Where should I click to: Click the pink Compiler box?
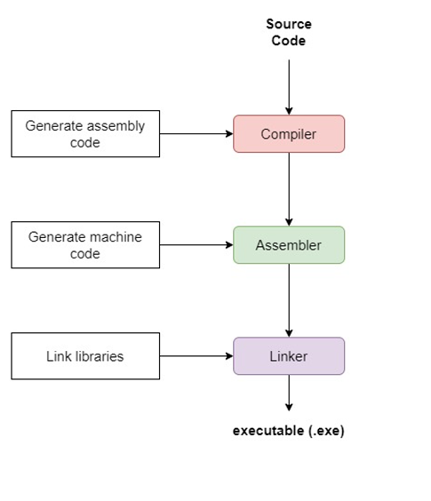tap(289, 134)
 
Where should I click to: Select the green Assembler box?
tap(289, 245)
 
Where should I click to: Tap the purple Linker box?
tap(289, 356)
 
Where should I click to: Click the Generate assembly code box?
tap(85, 134)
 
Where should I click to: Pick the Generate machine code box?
tap(85, 245)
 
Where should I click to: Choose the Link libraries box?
tap(85, 356)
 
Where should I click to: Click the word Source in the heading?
tap(289, 24)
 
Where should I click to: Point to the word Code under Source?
tap(289, 41)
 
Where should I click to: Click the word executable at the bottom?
tap(268, 431)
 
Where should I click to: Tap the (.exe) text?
tap(326, 431)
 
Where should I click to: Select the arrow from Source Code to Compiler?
tap(289, 87)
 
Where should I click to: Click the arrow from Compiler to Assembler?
tap(289, 189)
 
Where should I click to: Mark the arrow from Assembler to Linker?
tap(289, 300)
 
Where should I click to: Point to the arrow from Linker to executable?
tap(289, 393)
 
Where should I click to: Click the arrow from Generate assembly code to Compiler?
tap(196, 134)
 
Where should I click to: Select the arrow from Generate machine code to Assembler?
tap(196, 245)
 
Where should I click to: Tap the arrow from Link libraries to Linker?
tap(196, 356)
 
